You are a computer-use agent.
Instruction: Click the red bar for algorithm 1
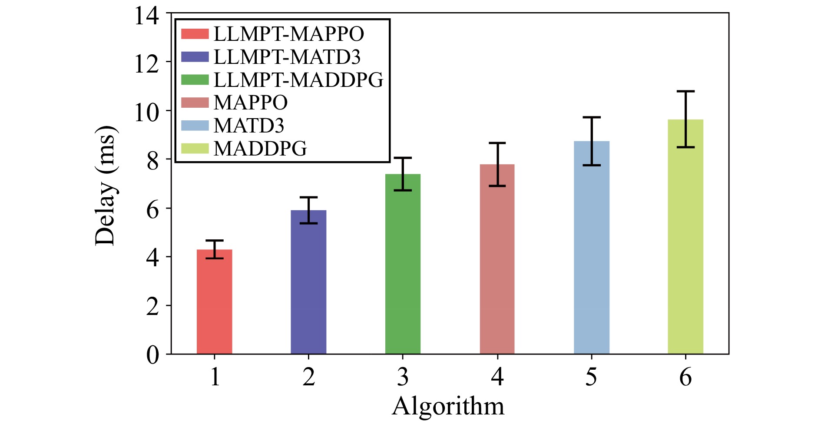click(x=215, y=301)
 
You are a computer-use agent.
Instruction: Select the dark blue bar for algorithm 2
click(x=308, y=282)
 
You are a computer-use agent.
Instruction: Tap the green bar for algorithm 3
click(x=403, y=264)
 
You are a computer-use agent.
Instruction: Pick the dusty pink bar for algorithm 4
click(x=497, y=259)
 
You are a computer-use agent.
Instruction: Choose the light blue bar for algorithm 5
click(x=592, y=247)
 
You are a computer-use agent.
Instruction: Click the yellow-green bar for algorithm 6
click(x=685, y=237)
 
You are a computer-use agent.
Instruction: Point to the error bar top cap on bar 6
click(x=685, y=91)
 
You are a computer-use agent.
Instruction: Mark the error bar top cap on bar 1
click(x=215, y=240)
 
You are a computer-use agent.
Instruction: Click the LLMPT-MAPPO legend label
click(x=289, y=34)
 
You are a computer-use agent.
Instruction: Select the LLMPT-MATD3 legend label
click(x=287, y=57)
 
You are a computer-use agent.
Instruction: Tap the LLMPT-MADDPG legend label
click(x=299, y=80)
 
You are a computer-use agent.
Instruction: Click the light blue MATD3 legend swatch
click(x=195, y=125)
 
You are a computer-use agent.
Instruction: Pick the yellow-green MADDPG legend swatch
click(x=195, y=148)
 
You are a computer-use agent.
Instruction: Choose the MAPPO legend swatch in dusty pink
click(x=195, y=103)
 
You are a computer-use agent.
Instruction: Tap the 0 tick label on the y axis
click(x=153, y=355)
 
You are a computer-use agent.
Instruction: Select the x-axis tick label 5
click(x=591, y=377)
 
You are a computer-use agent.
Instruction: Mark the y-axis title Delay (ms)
click(x=106, y=185)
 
